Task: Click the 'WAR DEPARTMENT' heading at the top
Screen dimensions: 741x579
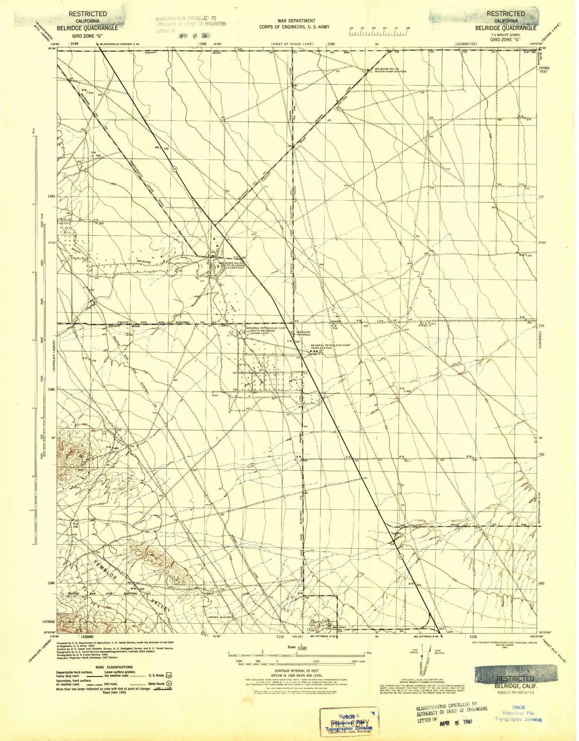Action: pyautogui.click(x=296, y=21)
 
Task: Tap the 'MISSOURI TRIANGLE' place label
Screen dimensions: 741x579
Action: pyautogui.click(x=303, y=333)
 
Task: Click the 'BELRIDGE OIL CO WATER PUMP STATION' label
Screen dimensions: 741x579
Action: pyautogui.click(x=388, y=70)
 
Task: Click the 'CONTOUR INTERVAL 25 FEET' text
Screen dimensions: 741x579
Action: pyautogui.click(x=296, y=671)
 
